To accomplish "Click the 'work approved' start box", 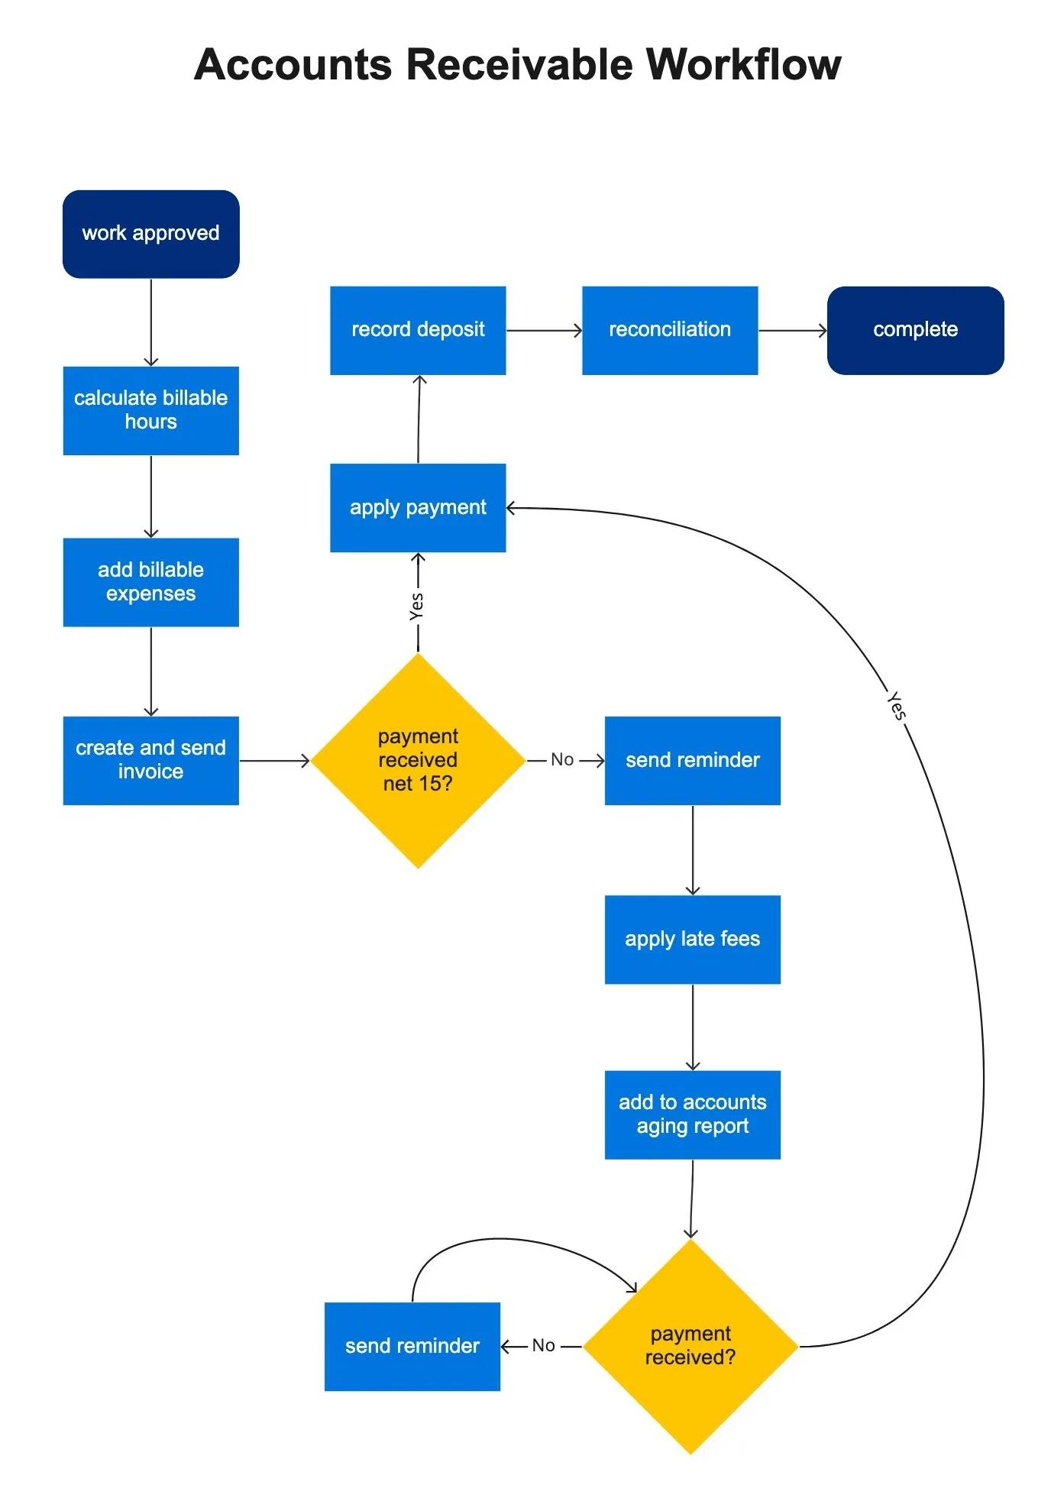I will tap(150, 234).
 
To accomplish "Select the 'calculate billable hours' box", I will tap(150, 410).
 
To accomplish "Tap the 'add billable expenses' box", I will tap(150, 582).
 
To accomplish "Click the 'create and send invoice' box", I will tap(150, 760).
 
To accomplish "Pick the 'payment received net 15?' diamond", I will tap(418, 760).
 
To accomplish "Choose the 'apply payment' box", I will tap(418, 507).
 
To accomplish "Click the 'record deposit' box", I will tap(418, 330).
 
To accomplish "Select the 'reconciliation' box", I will tap(670, 330).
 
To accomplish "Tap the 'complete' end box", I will tap(915, 330).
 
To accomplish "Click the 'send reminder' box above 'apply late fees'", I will tap(692, 760).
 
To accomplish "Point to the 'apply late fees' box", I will tap(692, 939).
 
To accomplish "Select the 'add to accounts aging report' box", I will tap(692, 1114).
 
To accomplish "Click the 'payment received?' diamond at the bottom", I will tap(690, 1346).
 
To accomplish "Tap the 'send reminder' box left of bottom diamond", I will tap(412, 1346).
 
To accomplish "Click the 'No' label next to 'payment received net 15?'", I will tap(562, 760).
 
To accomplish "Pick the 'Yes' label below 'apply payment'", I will tap(417, 607).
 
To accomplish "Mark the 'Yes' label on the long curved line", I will tap(897, 706).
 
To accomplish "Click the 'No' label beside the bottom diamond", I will tap(544, 1346).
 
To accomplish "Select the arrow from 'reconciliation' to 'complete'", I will tap(792, 331).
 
